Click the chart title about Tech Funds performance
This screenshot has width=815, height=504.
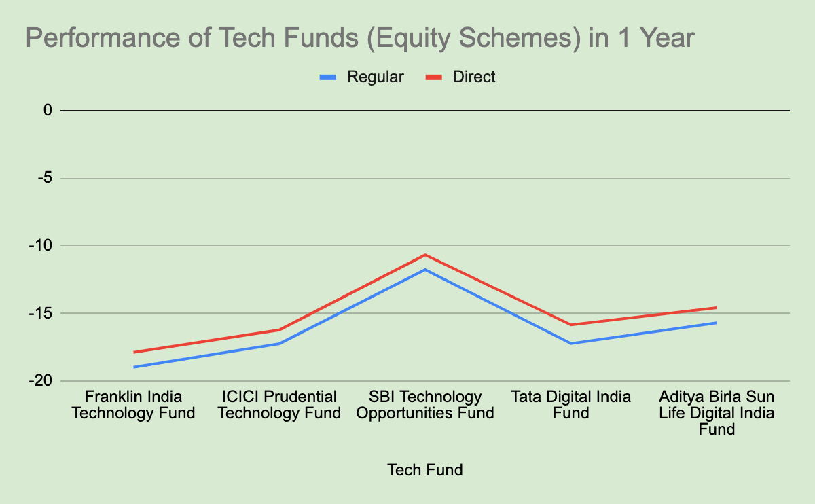pyautogui.click(x=360, y=38)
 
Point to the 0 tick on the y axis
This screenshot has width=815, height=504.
pyautogui.click(x=48, y=110)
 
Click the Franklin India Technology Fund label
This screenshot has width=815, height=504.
pyautogui.click(x=133, y=405)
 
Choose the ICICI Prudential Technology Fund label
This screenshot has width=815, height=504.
pyautogui.click(x=279, y=405)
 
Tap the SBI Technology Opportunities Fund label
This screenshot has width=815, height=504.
pyautogui.click(x=425, y=405)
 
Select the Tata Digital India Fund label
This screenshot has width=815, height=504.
pyautogui.click(x=571, y=405)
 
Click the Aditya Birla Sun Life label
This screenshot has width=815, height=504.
pyautogui.click(x=717, y=412)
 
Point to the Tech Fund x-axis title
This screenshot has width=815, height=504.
pyautogui.click(x=424, y=469)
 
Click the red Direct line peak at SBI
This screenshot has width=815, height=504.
pyautogui.click(x=425, y=255)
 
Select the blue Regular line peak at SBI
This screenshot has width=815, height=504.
pyautogui.click(x=425, y=270)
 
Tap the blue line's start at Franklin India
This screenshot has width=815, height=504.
pyautogui.click(x=134, y=367)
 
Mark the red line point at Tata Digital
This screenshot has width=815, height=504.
pyautogui.click(x=571, y=325)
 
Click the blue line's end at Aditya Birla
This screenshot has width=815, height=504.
pyautogui.click(x=717, y=323)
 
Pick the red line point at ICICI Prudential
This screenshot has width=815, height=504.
pyautogui.click(x=279, y=330)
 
